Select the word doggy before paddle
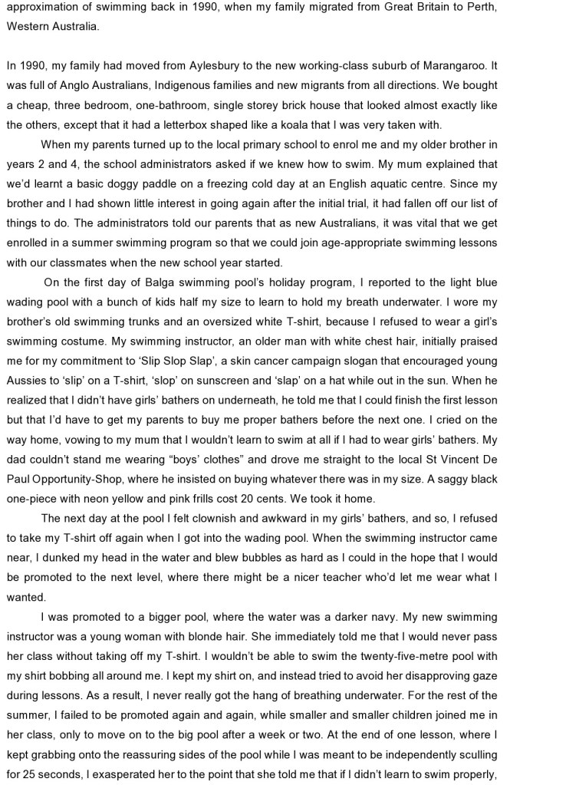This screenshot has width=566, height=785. (x=138, y=184)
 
